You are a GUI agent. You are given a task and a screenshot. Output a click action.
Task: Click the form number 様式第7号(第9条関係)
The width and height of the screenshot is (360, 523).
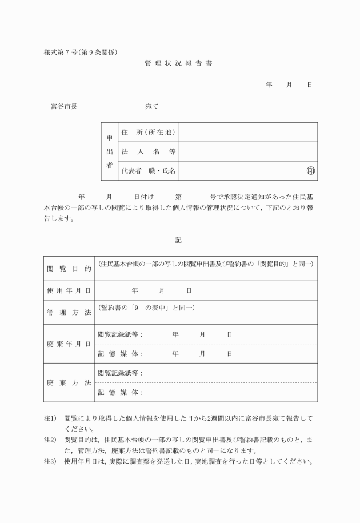(81, 53)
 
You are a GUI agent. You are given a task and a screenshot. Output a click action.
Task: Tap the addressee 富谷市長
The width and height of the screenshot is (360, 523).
(64, 106)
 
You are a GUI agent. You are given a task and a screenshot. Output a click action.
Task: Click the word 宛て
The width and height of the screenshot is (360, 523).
(152, 106)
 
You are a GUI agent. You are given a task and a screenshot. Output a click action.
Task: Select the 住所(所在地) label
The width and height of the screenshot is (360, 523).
(148, 133)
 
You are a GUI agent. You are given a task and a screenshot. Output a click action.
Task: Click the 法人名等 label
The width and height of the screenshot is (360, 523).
(148, 152)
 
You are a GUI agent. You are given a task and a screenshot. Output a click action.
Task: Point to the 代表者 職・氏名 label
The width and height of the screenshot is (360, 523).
(148, 171)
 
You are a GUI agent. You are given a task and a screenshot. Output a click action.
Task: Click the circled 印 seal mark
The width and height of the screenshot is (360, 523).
(311, 171)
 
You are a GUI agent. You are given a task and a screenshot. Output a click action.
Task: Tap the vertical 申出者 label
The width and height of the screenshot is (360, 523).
(110, 151)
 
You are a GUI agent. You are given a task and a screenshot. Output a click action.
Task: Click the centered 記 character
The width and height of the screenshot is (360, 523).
(178, 240)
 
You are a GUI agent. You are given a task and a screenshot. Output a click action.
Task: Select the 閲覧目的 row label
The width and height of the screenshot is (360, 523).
(69, 269)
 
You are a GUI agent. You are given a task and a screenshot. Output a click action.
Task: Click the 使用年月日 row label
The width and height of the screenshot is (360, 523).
(69, 290)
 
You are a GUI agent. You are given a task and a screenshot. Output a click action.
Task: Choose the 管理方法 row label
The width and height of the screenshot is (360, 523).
(69, 312)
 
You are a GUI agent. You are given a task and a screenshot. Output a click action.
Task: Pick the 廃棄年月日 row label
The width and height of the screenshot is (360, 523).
(69, 344)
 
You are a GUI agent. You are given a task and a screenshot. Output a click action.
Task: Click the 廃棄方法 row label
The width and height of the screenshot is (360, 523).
(69, 382)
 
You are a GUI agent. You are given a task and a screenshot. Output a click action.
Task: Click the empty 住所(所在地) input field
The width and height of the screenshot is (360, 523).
(248, 133)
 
